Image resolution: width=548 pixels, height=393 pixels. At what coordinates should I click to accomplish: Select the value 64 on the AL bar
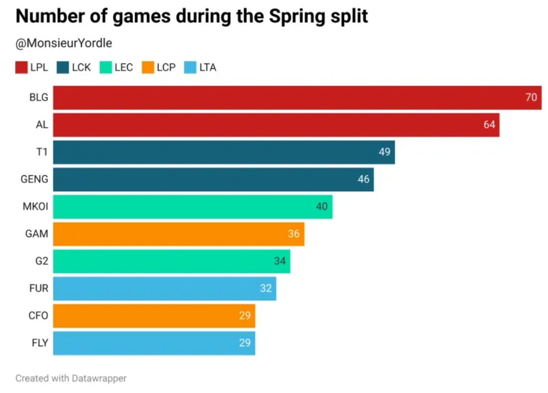coord(490,125)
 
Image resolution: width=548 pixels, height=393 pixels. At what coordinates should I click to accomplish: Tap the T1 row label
coord(42,152)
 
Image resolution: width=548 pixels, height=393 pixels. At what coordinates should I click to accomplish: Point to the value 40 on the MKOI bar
coord(322,207)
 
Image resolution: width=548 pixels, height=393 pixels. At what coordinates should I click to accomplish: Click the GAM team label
coord(37,234)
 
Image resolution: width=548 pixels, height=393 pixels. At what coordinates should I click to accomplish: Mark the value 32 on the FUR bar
coord(266,288)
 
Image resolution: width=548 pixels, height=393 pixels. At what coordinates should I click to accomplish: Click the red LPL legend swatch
coord(21,68)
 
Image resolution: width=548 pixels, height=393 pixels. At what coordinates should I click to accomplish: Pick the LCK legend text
coord(82,68)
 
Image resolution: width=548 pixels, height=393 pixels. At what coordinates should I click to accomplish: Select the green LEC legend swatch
coord(106,68)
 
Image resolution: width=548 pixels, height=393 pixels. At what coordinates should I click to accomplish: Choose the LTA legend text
coord(208,68)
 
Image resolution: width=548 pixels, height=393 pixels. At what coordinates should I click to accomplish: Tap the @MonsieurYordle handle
coord(64,43)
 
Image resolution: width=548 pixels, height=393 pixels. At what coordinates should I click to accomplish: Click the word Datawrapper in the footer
coord(99,378)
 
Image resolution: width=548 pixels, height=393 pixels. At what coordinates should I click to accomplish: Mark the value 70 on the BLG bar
coord(531,98)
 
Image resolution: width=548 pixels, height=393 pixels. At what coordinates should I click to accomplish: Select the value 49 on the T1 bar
coord(384,152)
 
